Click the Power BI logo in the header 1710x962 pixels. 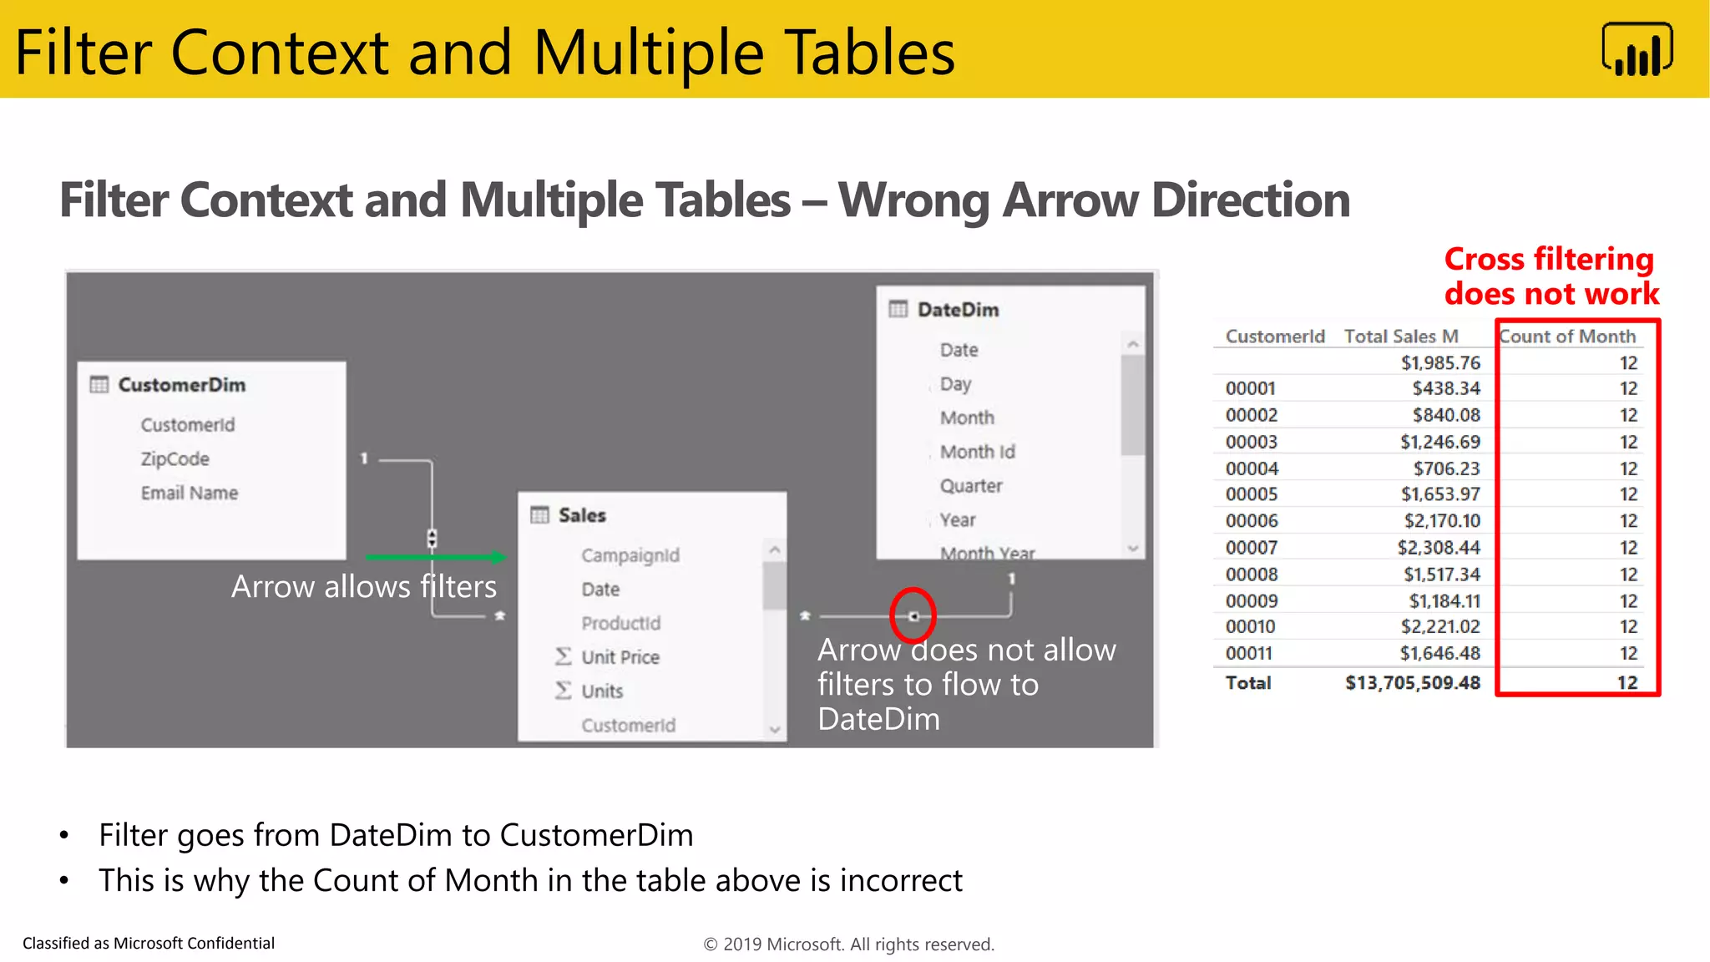coord(1637,50)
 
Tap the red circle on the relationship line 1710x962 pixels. coord(913,615)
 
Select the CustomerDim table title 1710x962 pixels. coord(182,385)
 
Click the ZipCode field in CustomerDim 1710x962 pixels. coord(175,459)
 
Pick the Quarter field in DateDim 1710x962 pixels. coord(970,486)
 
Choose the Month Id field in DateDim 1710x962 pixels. coord(977,452)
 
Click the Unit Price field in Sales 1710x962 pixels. coord(620,657)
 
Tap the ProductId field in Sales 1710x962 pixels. coord(620,623)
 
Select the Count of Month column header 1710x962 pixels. coord(1567,337)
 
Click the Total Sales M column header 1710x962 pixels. coord(1400,337)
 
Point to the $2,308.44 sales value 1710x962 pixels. coord(1438,548)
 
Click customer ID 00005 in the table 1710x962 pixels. coord(1251,494)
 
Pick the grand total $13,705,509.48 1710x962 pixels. coord(1412,683)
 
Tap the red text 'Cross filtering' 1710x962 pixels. coord(1548,260)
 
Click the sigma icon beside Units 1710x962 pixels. coord(564,691)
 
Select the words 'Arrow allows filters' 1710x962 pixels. coord(363,586)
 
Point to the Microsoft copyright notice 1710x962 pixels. coord(848,944)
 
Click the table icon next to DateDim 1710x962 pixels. coord(898,310)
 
